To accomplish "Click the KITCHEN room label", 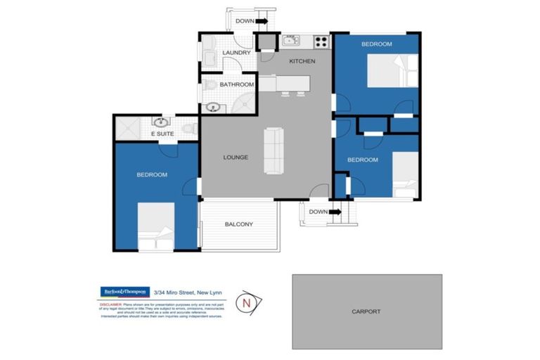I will pyautogui.click(x=302, y=61).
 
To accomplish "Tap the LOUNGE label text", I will pyautogui.click(x=235, y=157).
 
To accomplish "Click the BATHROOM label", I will pyautogui.click(x=236, y=85).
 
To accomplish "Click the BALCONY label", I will pyautogui.click(x=238, y=225).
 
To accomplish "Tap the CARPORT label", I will pyautogui.click(x=366, y=311).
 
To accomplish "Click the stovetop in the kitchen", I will pyautogui.click(x=321, y=41).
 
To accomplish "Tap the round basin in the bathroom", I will pyautogui.click(x=212, y=108).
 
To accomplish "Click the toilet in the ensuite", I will pyautogui.click(x=188, y=129).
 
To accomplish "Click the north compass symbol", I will pyautogui.click(x=246, y=303).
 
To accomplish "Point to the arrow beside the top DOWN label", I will pyautogui.click(x=262, y=21).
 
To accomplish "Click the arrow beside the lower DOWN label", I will pyautogui.click(x=335, y=211).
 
